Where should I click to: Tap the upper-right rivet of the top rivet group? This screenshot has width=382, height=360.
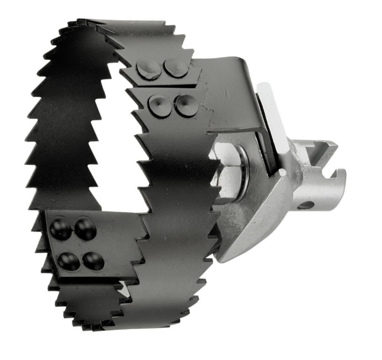(176, 68)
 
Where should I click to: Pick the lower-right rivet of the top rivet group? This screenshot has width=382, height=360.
(186, 105)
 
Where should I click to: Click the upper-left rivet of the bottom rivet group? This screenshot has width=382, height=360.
(61, 229)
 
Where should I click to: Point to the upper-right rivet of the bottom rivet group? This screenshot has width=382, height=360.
(85, 229)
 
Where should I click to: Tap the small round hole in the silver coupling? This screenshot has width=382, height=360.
(306, 205)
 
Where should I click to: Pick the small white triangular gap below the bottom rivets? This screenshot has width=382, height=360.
(123, 291)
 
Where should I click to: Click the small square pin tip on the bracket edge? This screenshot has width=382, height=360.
(282, 172)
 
